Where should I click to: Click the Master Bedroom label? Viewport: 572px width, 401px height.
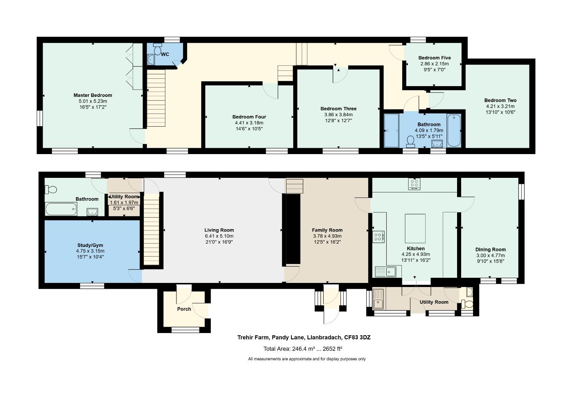93,95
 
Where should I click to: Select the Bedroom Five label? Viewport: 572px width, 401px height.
434,58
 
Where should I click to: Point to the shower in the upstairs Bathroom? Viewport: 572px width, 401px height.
391,131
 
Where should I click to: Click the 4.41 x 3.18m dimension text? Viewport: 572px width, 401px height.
249,123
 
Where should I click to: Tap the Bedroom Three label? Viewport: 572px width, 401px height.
338,109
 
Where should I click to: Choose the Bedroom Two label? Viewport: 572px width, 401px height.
500,100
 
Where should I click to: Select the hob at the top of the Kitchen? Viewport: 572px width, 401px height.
414,183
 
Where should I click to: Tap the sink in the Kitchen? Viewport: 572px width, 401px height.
386,272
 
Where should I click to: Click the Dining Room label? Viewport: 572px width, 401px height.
490,250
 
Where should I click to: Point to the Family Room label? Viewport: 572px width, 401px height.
327,230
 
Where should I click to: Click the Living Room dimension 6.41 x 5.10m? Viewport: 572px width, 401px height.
219,236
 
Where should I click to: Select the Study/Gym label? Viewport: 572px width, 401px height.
90,245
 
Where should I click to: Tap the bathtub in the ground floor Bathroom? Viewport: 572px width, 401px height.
61,209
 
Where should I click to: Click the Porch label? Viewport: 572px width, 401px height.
184,309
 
